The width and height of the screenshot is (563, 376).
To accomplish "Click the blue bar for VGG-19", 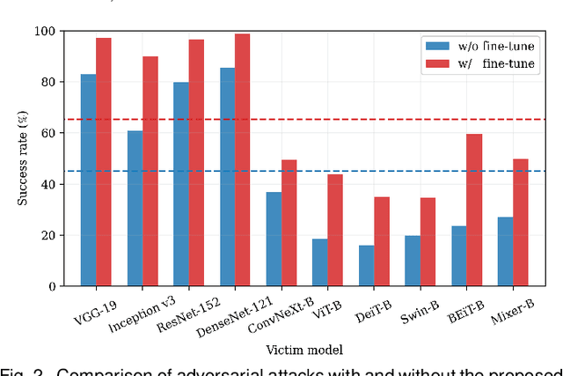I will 89,181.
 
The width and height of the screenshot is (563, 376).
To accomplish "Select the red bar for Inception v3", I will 150,172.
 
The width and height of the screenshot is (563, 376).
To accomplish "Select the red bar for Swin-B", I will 428,242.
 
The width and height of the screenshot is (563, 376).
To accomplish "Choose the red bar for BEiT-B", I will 473,210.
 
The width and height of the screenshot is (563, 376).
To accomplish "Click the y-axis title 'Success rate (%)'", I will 23,159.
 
